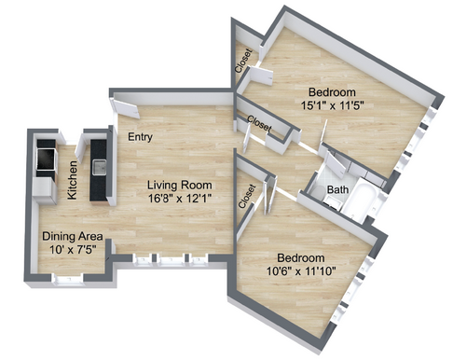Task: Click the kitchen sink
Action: (99, 167)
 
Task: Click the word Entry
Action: (140, 137)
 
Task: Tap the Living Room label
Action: (180, 185)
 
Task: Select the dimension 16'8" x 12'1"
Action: (180, 198)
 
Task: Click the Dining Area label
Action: (73, 236)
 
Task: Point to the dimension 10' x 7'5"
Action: (73, 249)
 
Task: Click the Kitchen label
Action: (72, 180)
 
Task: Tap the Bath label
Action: (337, 189)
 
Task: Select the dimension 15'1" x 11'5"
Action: (332, 105)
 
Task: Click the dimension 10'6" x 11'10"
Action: (301, 271)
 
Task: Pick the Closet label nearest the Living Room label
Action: (247, 196)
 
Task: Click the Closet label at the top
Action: (243, 61)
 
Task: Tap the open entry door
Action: (125, 108)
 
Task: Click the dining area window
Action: (68, 279)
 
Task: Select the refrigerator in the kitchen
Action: (45, 191)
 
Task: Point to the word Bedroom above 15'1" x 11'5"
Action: (332, 92)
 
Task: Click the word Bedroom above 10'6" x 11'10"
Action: (301, 258)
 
